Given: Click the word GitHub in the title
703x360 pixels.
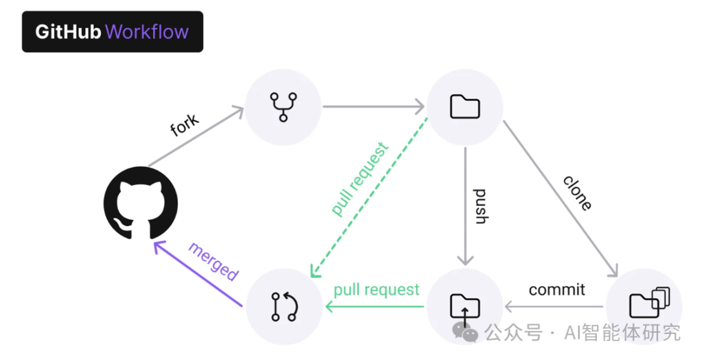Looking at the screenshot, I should coord(68,32).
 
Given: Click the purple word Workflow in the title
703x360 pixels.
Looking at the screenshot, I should coord(147,32).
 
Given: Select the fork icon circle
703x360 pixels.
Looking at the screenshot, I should coord(283,107).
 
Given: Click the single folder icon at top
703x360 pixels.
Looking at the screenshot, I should coord(465,107).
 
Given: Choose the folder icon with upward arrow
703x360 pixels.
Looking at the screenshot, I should coord(465,306).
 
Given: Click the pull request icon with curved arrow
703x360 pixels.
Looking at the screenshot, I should coord(284,306).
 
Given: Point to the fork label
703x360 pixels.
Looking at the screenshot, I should coord(185,126).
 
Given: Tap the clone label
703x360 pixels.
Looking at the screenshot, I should coord(577,193).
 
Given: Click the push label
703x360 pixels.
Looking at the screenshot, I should coord(480,206).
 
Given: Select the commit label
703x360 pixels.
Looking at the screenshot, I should coord(557,290).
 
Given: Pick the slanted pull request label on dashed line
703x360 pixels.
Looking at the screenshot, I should coord(360,180).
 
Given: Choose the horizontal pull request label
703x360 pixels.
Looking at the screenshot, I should coord(376,290).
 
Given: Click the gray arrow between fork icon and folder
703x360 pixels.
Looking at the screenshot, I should coord(374,106).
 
